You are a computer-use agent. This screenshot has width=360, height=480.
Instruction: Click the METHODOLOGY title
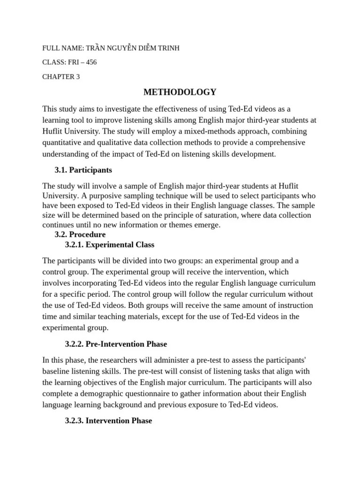[180, 92]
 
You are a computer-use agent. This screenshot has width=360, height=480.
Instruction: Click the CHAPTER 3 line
[61, 77]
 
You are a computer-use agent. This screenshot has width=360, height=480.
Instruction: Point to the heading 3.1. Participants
[83, 170]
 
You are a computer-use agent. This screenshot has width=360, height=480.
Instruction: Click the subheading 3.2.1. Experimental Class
[110, 245]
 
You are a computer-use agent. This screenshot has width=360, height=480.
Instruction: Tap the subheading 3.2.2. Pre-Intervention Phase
[116, 344]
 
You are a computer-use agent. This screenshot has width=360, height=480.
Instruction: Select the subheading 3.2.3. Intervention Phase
[108, 420]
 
